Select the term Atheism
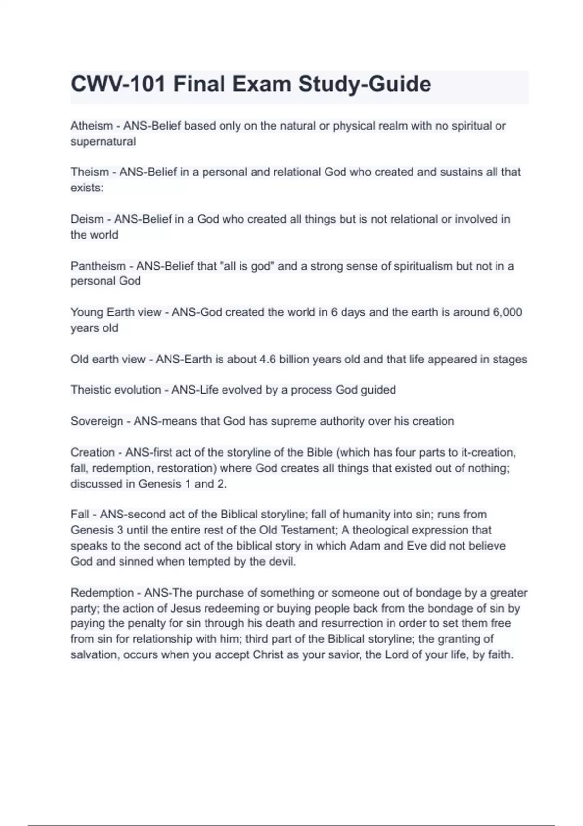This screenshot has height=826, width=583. click(x=91, y=126)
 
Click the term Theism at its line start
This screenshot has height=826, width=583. click(x=89, y=172)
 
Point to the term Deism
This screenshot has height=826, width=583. click(x=87, y=219)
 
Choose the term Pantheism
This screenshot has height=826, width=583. click(x=98, y=266)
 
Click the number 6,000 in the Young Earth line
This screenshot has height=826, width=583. click(x=507, y=312)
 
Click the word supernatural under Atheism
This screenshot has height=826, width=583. click(x=103, y=142)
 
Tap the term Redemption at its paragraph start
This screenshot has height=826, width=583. click(x=102, y=593)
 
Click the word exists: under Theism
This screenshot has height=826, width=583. click(x=87, y=188)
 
